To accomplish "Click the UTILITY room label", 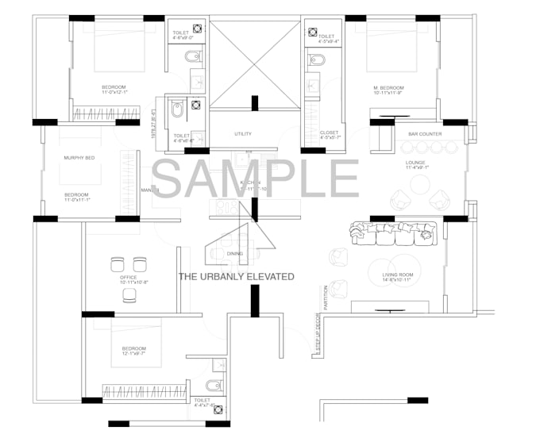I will (243, 134).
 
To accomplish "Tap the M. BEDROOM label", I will (389, 86).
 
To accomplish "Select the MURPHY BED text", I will (79, 159).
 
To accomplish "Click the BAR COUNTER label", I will (425, 134).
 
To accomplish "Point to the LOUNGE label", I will (416, 161).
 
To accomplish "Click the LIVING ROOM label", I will (395, 275).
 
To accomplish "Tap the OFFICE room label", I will (128, 278).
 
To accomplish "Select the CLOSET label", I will (329, 133).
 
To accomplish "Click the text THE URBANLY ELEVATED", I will (236, 277).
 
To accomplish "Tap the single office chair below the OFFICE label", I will (129, 295).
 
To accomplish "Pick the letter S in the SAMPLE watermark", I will (168, 179).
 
